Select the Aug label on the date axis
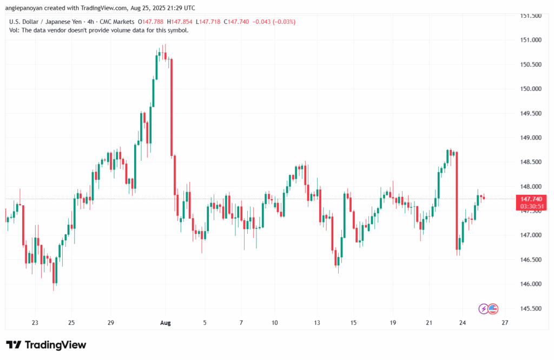point(166,323)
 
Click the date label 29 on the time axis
point(110,323)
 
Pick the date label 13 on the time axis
point(317,323)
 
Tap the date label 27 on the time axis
point(504,323)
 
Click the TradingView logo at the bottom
point(46,345)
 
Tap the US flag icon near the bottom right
point(492,309)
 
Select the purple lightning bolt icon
point(484,309)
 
